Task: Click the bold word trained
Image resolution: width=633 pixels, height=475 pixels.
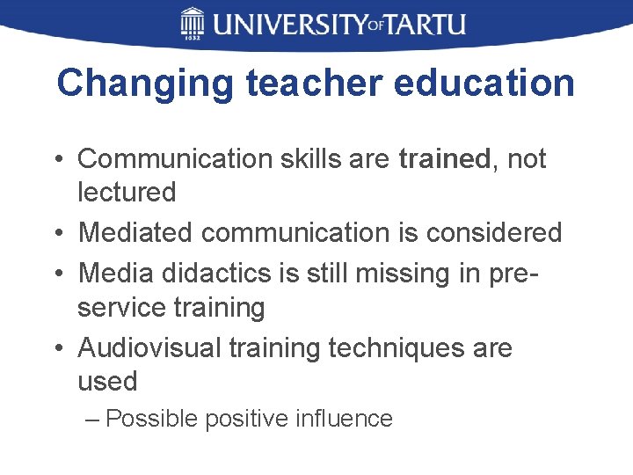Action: point(444,159)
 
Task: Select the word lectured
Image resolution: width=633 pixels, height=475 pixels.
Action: point(127,192)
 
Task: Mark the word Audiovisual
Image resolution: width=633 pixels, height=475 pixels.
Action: point(149,348)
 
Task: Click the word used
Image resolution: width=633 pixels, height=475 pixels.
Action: point(107,382)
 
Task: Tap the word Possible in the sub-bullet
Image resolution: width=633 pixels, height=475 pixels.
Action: point(153,419)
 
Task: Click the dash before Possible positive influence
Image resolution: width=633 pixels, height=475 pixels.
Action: point(94,419)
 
